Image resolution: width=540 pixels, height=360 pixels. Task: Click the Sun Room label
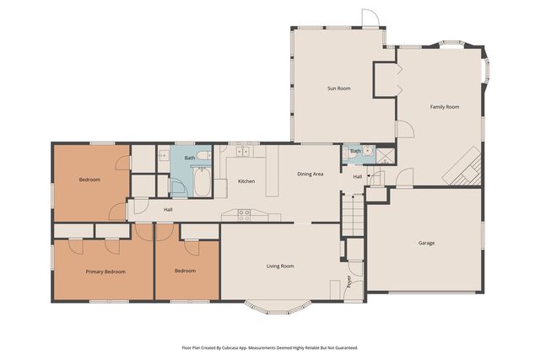pyautogui.click(x=339, y=89)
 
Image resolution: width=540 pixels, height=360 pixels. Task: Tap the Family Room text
pyautogui.click(x=444, y=107)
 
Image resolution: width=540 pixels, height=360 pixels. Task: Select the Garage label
pyautogui.click(x=426, y=243)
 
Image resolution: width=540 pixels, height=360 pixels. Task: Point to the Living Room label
pyautogui.click(x=280, y=266)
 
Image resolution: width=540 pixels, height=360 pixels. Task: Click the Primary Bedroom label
pyautogui.click(x=105, y=271)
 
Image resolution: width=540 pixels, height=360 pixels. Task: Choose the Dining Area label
pyautogui.click(x=310, y=174)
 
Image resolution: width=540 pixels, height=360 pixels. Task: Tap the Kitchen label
pyautogui.click(x=246, y=181)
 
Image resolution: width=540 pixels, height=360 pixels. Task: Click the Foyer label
pyautogui.click(x=349, y=282)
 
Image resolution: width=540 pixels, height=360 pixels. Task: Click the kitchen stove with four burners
pyautogui.click(x=244, y=216)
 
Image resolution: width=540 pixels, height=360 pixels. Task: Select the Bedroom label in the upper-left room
pyautogui.click(x=89, y=180)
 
